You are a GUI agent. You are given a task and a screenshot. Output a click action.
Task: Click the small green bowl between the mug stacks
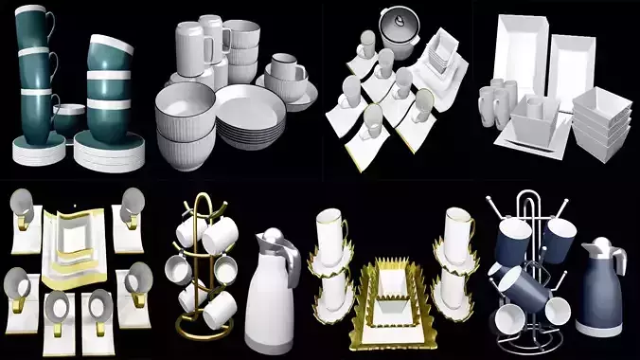(68, 119)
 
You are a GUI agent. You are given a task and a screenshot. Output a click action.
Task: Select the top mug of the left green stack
(33, 24)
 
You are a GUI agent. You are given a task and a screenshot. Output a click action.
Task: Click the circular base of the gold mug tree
(204, 327)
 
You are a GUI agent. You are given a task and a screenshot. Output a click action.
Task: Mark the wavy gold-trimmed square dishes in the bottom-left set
(75, 237)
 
